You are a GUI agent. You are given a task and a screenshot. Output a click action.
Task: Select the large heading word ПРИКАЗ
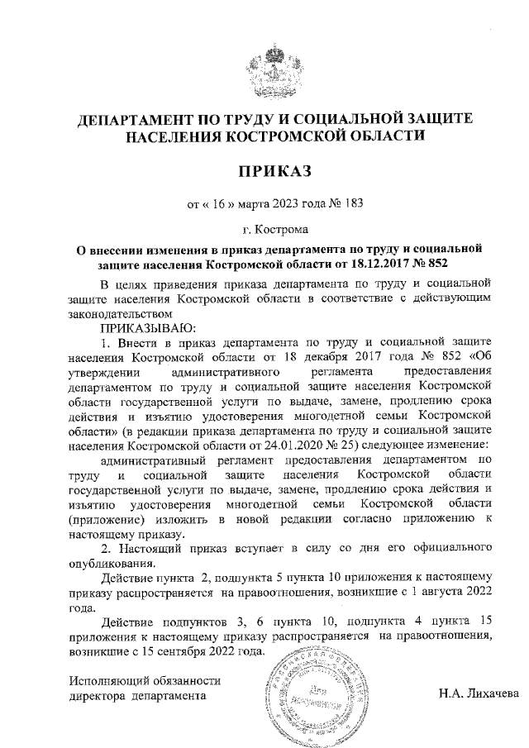(274, 171)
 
